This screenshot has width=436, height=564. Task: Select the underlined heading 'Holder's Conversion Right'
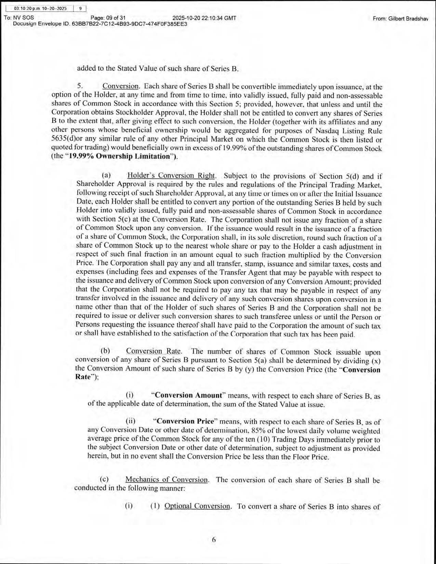[171, 176]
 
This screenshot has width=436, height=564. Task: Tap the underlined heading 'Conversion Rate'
[154, 351]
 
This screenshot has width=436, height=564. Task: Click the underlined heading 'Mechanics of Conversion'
[166, 480]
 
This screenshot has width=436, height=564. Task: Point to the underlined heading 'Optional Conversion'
[197, 506]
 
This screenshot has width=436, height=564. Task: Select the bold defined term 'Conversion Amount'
[188, 395]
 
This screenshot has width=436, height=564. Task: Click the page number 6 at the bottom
[214, 540]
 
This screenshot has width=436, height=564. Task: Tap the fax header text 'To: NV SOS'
[19, 18]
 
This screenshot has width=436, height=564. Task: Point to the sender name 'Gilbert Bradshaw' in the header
[407, 19]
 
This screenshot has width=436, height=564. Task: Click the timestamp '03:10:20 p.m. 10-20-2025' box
[40, 8]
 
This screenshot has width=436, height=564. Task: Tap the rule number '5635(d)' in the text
[63, 139]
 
